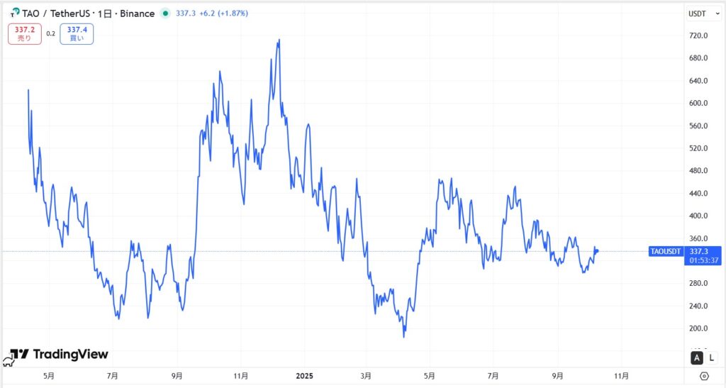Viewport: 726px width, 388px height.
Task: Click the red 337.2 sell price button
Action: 24,33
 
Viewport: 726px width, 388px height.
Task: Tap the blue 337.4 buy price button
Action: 76,33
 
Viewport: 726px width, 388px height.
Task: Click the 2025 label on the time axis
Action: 304,376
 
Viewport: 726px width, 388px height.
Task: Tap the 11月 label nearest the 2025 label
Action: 241,376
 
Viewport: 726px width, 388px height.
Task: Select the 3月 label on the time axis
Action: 366,376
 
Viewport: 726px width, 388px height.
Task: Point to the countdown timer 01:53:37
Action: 704,260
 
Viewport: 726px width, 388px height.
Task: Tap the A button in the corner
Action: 696,358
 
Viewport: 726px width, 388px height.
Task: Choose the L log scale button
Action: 712,358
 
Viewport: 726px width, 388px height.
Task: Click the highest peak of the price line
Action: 279,40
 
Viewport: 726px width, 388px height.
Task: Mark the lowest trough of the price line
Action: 404,336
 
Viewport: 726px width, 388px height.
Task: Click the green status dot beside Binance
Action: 165,13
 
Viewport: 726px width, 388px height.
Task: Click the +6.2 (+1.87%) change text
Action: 223,13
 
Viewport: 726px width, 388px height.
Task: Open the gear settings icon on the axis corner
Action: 704,376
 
